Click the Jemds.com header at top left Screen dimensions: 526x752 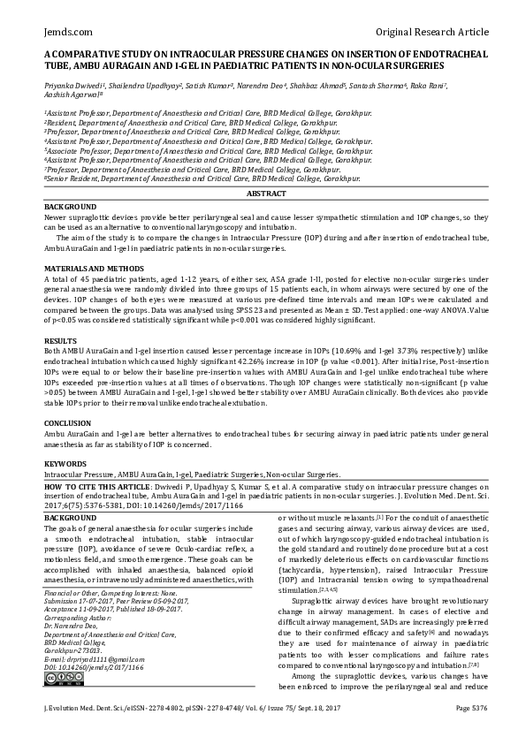[x=65, y=32]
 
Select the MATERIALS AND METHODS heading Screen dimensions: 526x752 [x=93, y=268]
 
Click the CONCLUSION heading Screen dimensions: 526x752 [x=68, y=423]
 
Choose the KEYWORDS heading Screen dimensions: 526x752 [x=65, y=464]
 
